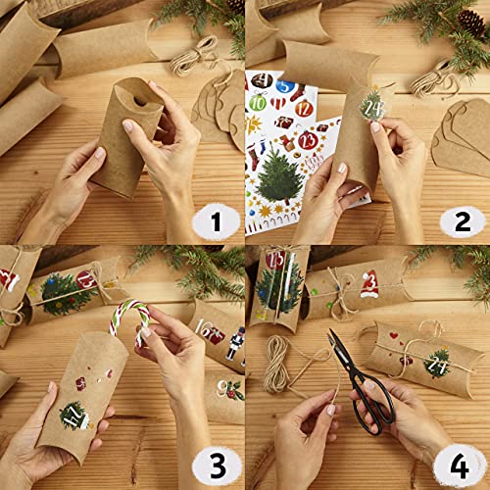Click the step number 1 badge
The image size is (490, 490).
pos(208,220)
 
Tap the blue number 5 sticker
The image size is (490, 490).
pos(280,98)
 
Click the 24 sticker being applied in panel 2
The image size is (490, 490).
pos(372,101)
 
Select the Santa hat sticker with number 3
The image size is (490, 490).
pos(368,284)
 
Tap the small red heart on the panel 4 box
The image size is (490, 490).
pos(395,335)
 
